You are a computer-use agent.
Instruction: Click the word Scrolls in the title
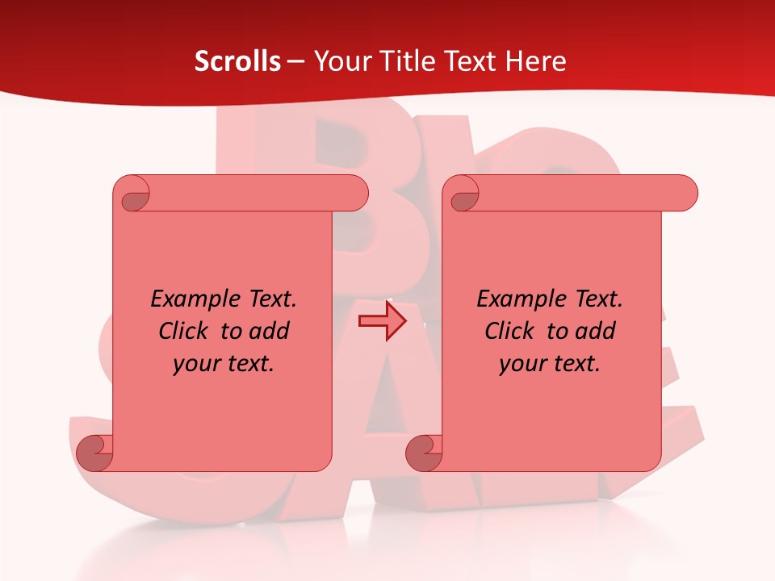tap(238, 61)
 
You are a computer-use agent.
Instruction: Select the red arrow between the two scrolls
tap(382, 322)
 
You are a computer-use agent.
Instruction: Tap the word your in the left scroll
tap(196, 364)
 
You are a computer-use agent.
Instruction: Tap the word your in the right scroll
tap(522, 364)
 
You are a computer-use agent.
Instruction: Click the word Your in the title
tap(337, 61)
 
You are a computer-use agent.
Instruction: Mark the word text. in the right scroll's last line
tap(576, 364)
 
